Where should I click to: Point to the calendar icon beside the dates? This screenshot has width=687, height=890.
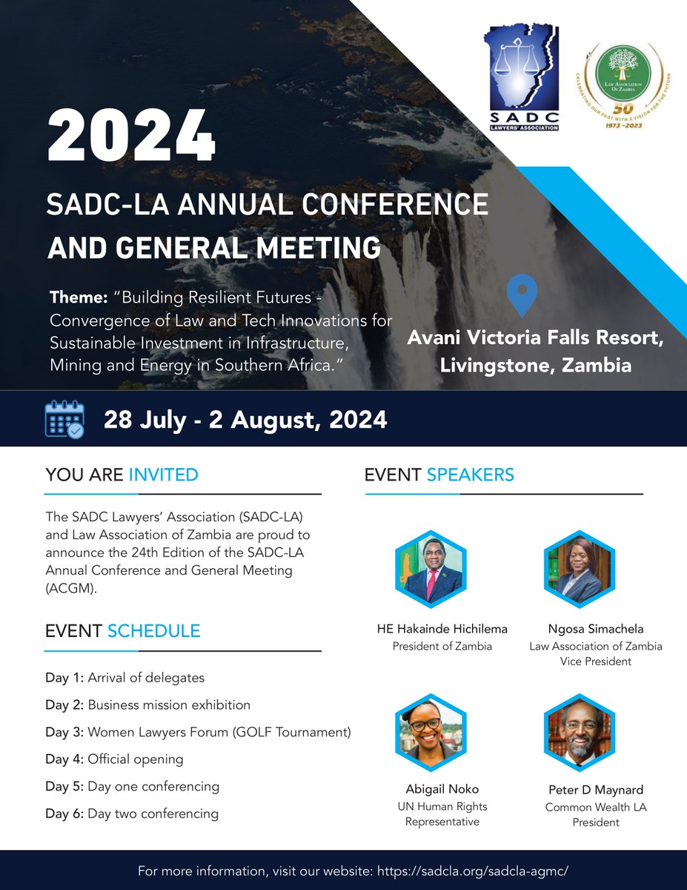pyautogui.click(x=64, y=420)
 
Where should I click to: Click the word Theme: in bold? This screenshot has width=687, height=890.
pyautogui.click(x=80, y=297)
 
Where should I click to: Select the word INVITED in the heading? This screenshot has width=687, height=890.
pyautogui.click(x=163, y=475)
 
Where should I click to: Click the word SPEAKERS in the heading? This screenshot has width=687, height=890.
pyautogui.click(x=470, y=475)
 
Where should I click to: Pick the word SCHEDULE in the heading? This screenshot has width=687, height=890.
pyautogui.click(x=154, y=631)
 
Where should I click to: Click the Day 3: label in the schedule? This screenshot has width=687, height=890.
pyautogui.click(x=65, y=732)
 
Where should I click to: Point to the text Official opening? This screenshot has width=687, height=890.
pyautogui.click(x=136, y=759)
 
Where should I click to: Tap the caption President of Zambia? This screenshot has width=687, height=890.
pyautogui.click(x=442, y=646)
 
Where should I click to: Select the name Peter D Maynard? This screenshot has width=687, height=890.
pyautogui.click(x=596, y=791)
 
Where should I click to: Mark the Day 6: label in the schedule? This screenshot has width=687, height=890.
pyautogui.click(x=65, y=814)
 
